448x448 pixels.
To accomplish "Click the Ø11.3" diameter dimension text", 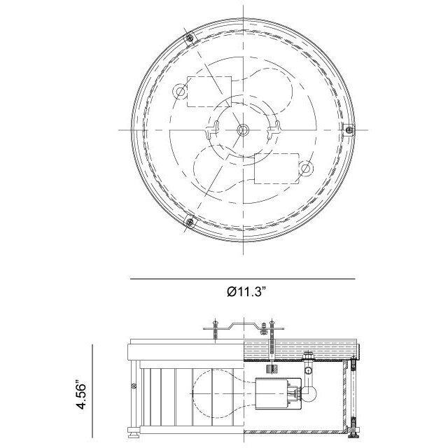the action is [x=246, y=292].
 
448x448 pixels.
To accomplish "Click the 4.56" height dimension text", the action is [x=81, y=395].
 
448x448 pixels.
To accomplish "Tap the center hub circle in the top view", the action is [x=243, y=130].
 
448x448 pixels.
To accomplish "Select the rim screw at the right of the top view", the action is [x=349, y=130].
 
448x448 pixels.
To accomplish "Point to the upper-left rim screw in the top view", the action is [x=189, y=37].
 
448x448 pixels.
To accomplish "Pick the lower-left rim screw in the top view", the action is [x=190, y=222].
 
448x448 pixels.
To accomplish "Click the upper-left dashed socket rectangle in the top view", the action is [x=209, y=92].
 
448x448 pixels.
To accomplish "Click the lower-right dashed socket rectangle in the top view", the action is [x=276, y=169].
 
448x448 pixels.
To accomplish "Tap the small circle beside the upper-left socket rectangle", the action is [x=181, y=92].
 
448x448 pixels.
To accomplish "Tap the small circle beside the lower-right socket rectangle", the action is [x=306, y=169].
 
